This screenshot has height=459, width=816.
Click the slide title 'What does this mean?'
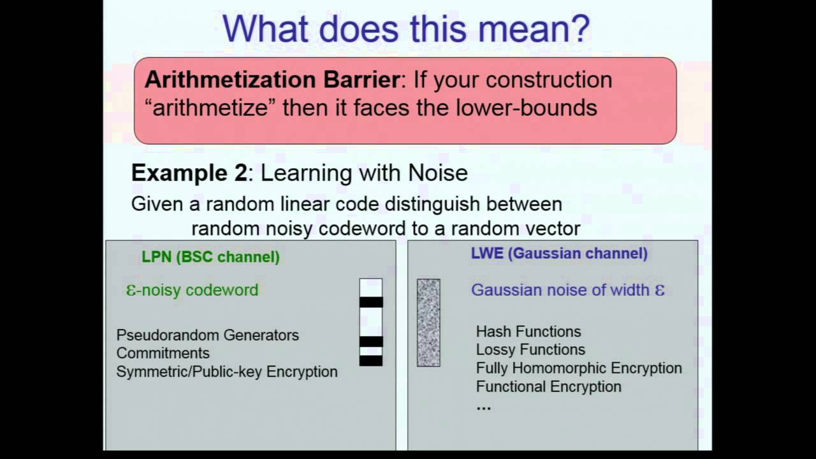[x=406, y=29]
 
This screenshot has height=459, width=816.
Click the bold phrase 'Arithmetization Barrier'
[x=272, y=80]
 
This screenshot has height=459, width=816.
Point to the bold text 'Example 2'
[x=189, y=173]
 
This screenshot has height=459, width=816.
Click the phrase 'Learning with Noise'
[x=364, y=173]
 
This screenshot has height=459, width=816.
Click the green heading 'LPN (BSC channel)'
[x=210, y=257]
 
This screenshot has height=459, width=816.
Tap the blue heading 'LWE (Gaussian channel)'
[x=559, y=253]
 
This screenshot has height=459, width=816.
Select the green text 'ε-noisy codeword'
[x=193, y=290]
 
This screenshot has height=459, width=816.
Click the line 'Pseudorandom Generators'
[x=207, y=335]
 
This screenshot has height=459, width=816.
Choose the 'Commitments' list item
[x=163, y=353]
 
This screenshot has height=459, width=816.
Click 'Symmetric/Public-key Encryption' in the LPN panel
[x=226, y=372]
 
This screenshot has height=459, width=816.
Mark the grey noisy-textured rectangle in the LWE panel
[x=428, y=323]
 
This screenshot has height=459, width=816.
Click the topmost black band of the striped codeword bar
[x=371, y=302]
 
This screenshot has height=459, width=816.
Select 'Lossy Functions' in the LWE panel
[x=530, y=349]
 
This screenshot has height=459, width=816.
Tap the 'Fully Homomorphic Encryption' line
[x=579, y=368]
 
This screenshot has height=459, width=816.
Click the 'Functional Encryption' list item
[x=548, y=386]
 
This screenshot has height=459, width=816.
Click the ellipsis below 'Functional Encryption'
[x=484, y=406]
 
